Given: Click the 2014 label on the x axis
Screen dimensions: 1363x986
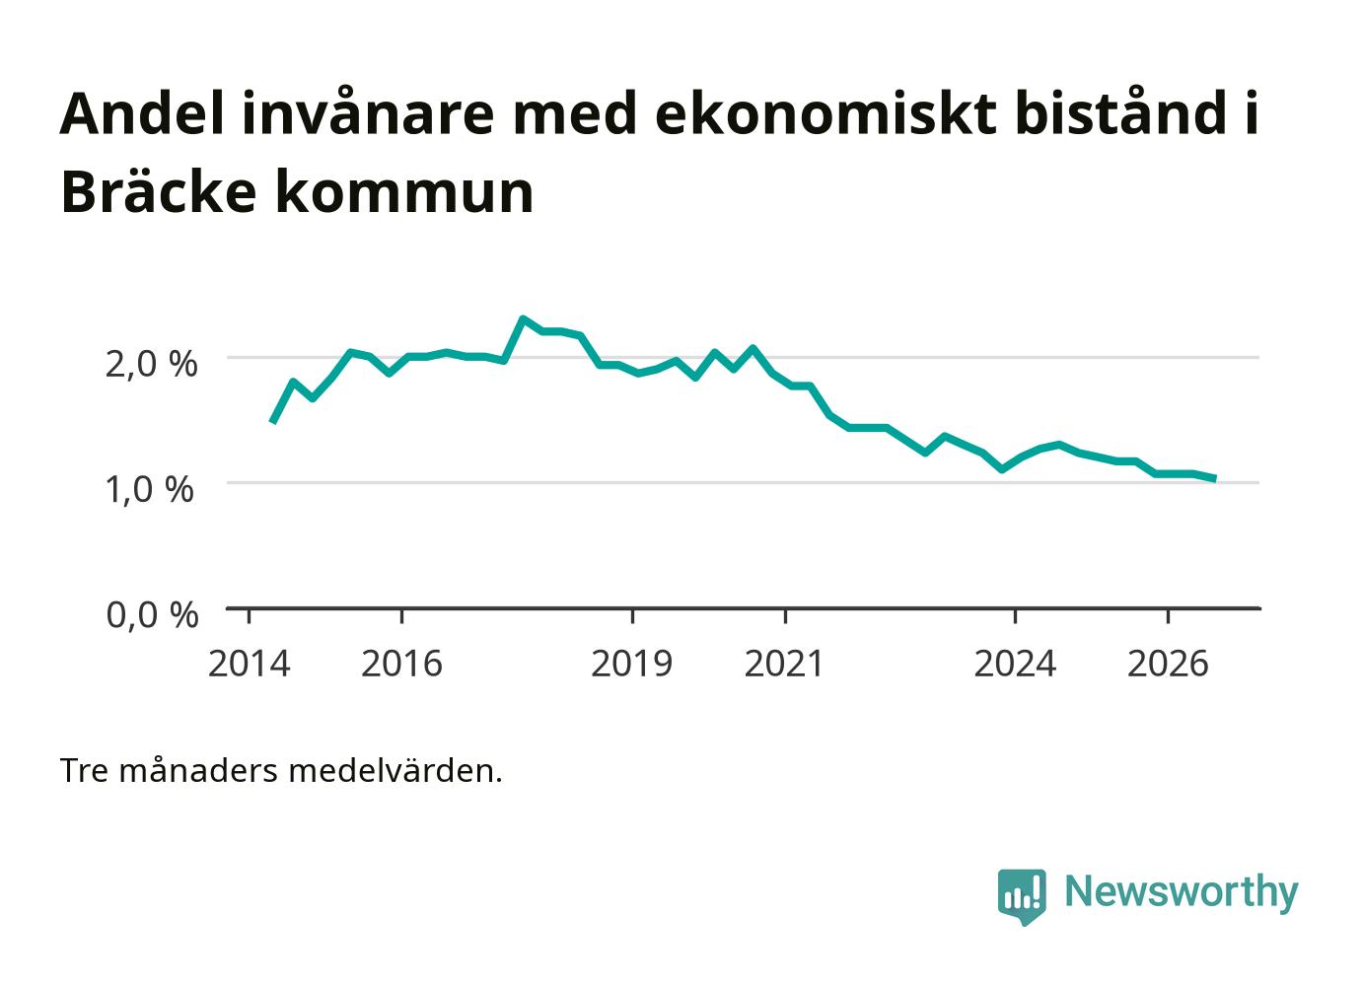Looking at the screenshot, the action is tap(249, 664).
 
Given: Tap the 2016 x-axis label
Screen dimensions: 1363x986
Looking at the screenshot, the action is tap(401, 664).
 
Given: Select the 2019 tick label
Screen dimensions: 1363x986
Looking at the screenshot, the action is tap(631, 664).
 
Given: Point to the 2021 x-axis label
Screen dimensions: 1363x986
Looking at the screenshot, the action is tap(784, 664).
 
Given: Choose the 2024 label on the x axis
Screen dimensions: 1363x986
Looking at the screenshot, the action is tap(1015, 664).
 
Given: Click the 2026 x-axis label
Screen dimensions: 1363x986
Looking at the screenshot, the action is tap(1168, 664).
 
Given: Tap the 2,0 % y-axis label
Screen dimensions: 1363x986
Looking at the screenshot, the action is tap(152, 365).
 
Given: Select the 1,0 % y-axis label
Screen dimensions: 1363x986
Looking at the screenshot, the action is tap(150, 490).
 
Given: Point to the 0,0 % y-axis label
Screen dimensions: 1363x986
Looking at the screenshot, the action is tap(152, 614).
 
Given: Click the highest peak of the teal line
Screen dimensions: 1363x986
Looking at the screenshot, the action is tap(523, 318).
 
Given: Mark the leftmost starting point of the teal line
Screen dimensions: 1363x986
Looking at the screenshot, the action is tap(272, 422).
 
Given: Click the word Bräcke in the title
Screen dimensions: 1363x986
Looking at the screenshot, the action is tap(158, 191).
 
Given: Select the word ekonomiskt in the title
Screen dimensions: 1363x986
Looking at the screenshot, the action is tap(825, 113).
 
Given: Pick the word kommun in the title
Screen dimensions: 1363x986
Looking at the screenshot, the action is tap(404, 193).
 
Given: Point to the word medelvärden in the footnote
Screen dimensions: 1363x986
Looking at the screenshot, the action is tap(395, 771).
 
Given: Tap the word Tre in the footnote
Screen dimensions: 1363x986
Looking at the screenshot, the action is tap(85, 771).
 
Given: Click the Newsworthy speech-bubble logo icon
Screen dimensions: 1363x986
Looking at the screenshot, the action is tap(1022, 896).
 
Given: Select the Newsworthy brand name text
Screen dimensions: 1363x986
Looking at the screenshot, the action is tap(1182, 892).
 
